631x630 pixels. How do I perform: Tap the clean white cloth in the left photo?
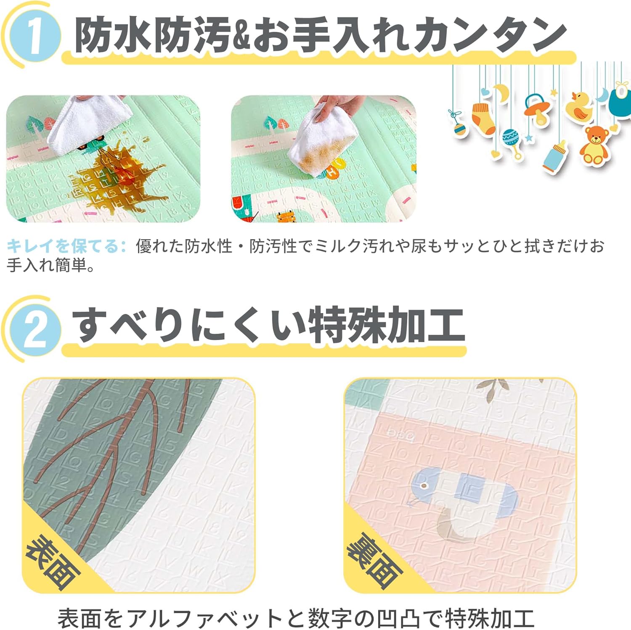tap(86, 122)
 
